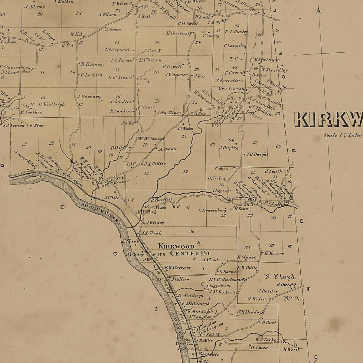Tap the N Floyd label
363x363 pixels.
(x=280, y=276)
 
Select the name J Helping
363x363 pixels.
(x=229, y=148)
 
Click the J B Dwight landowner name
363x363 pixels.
(x=257, y=154)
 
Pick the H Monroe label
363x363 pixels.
(x=274, y=253)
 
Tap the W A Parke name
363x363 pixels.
(x=265, y=340)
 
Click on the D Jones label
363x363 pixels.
(x=259, y=348)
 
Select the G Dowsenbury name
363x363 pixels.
(x=212, y=210)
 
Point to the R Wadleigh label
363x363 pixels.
(x=51, y=104)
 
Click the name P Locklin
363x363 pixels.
(x=91, y=75)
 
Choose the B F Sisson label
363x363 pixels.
(x=120, y=77)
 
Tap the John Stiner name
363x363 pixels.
(x=169, y=113)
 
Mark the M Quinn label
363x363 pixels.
(x=167, y=149)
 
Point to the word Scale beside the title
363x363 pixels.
(x=330, y=135)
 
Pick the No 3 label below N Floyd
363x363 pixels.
(x=291, y=299)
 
